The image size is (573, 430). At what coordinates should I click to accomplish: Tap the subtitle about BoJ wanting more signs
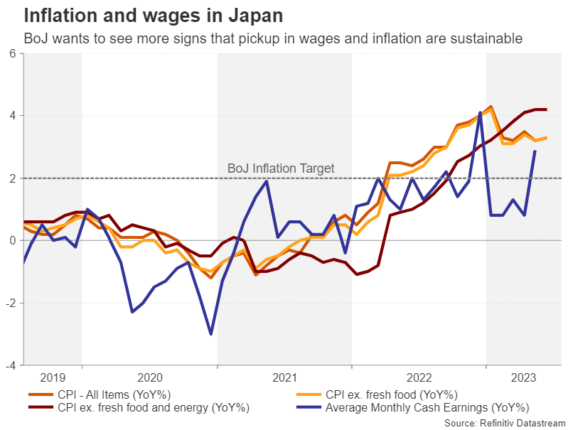click(x=273, y=38)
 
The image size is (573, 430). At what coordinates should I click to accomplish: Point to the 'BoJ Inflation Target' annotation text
click(x=280, y=168)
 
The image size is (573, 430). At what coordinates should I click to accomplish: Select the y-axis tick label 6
click(x=13, y=53)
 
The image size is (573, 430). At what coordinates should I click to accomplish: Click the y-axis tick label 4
click(x=13, y=116)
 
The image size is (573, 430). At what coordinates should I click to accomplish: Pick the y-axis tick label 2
click(x=13, y=178)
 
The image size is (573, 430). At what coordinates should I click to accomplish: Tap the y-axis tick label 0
click(x=13, y=241)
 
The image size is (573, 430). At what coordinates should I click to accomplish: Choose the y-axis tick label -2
click(x=11, y=303)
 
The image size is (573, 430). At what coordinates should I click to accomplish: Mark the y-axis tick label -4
click(x=11, y=365)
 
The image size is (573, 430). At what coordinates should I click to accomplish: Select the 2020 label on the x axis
click(x=149, y=377)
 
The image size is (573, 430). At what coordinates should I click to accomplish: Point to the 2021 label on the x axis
click(x=284, y=377)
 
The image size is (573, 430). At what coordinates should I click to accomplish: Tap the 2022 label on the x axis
click(x=418, y=377)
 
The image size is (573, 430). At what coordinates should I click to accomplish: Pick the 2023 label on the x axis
click(x=523, y=377)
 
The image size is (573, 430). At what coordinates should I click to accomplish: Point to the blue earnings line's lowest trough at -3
click(x=211, y=334)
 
